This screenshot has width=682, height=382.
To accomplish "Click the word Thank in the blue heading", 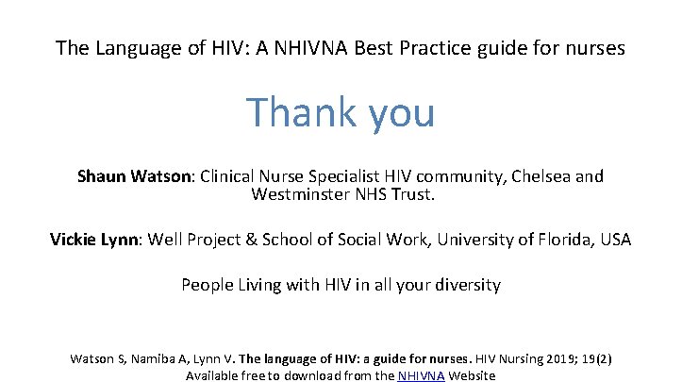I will click(291, 113).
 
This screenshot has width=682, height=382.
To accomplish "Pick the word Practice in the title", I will click(468, 47).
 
